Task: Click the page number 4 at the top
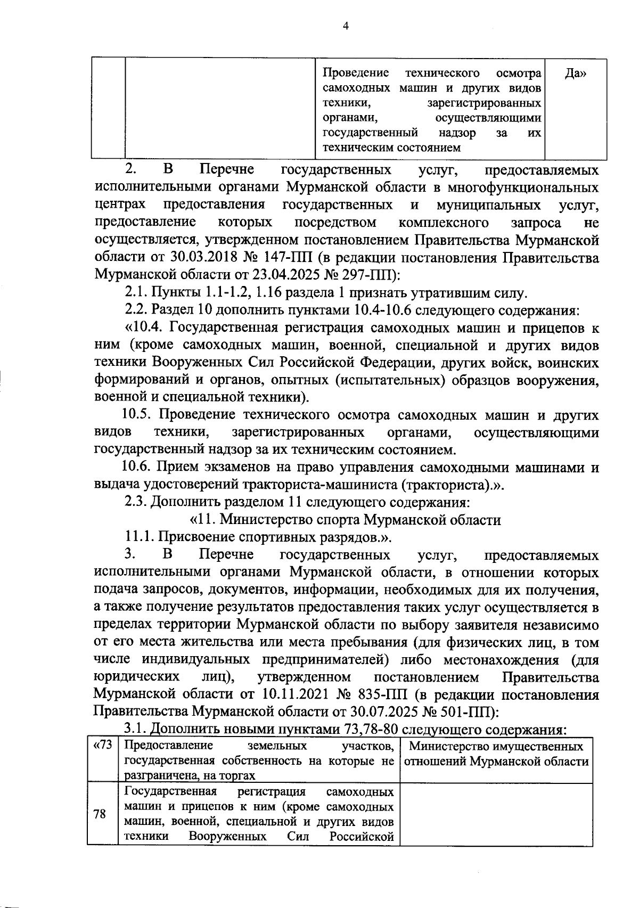tap(346, 26)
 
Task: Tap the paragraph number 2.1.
tap(136, 293)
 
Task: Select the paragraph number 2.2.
tap(136, 310)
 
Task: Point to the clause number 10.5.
tap(138, 415)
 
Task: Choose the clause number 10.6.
tap(138, 468)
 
